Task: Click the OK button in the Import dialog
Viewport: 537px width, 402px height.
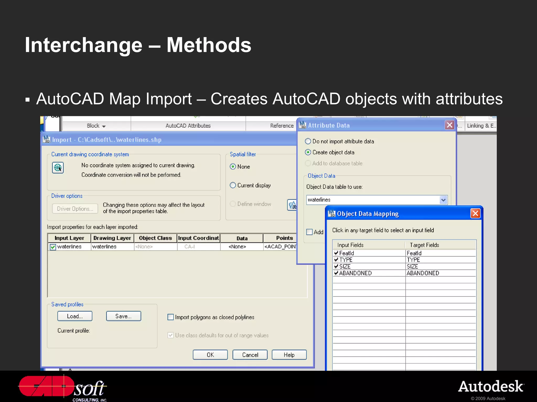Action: click(x=210, y=355)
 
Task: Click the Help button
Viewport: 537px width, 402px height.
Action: click(x=289, y=355)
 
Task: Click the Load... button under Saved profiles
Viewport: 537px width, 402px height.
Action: click(x=75, y=316)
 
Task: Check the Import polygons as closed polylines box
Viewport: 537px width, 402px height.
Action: click(x=171, y=317)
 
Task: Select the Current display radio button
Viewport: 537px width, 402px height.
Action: click(x=233, y=185)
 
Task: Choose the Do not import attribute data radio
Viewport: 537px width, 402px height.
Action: click(x=308, y=141)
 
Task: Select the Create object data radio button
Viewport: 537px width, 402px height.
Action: click(x=308, y=152)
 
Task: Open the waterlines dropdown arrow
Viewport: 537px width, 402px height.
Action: click(x=443, y=200)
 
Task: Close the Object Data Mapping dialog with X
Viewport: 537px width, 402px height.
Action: click(x=475, y=214)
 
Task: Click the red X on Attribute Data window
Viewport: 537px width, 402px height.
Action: click(x=449, y=125)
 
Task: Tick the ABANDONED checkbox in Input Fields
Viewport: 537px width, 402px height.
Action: click(x=336, y=273)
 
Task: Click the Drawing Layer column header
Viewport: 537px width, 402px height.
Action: click(x=112, y=238)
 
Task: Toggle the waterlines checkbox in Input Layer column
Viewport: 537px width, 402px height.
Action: click(x=53, y=247)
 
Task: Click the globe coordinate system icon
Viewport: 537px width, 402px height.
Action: click(x=58, y=168)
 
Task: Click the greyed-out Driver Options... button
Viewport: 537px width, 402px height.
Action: click(x=75, y=209)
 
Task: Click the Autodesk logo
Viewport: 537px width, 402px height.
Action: click(x=491, y=387)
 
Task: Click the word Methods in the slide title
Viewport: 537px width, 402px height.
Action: click(x=209, y=45)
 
